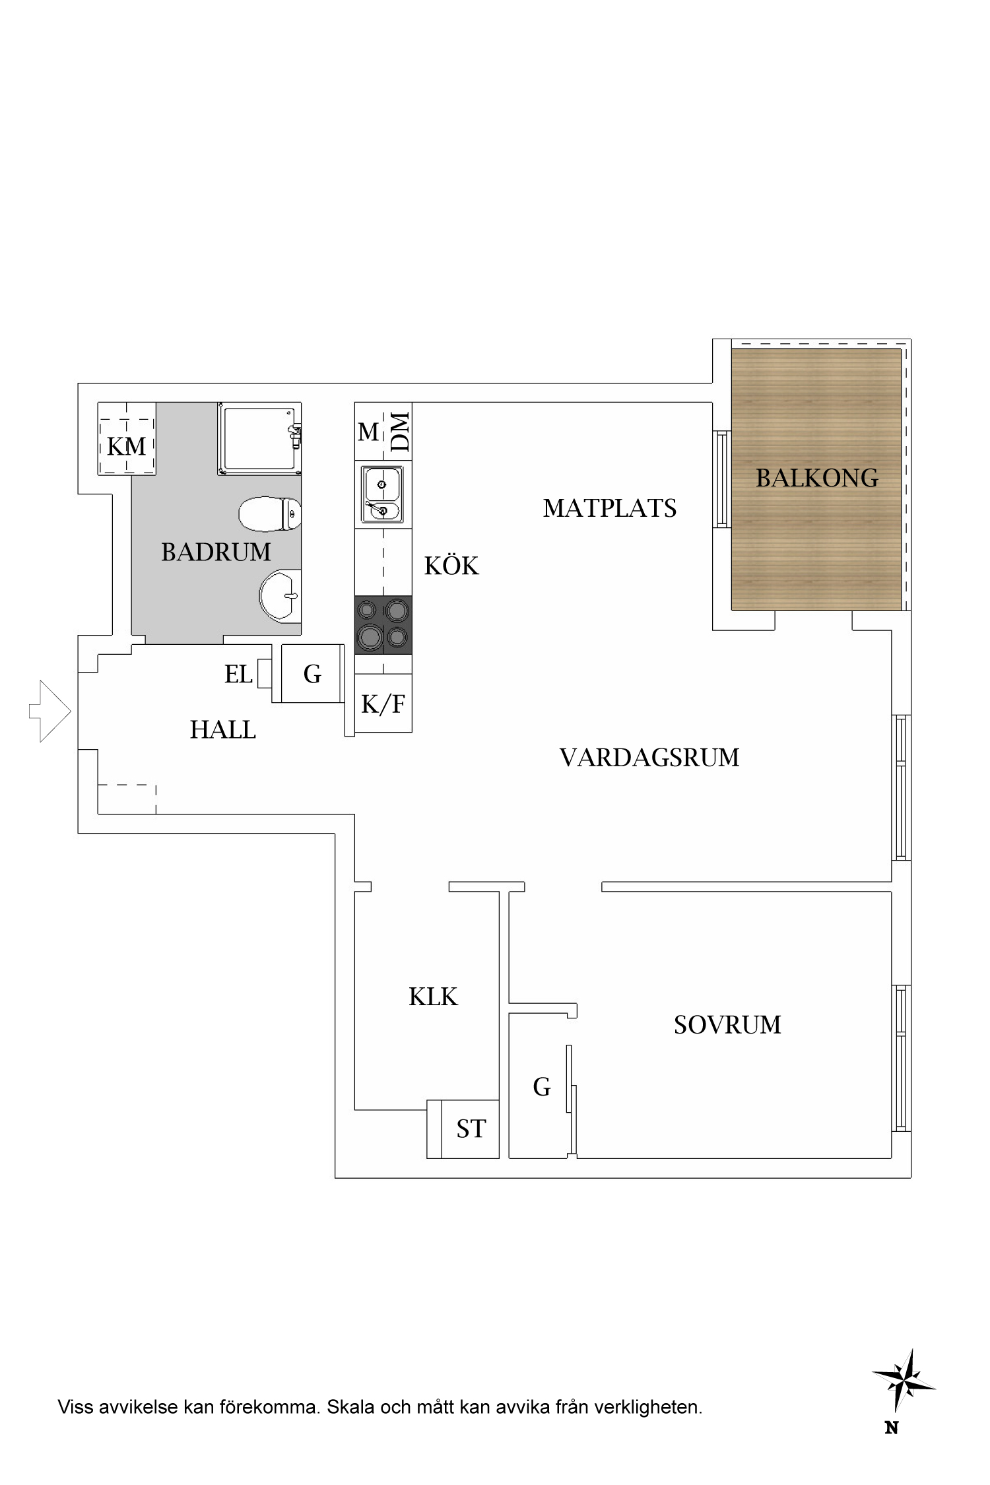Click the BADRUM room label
point(216,552)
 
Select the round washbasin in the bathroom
point(280,595)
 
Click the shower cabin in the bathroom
point(259,439)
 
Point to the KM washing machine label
point(126,447)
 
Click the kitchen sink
point(382,494)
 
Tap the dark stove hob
point(383,624)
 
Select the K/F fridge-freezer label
point(383,704)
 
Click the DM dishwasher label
point(400,431)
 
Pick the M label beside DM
point(368,432)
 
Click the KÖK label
point(451,566)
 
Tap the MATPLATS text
point(609,508)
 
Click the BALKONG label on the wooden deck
point(817,478)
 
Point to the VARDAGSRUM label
point(649,758)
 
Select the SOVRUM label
point(727,1025)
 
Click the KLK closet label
point(433,997)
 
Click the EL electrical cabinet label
point(238,675)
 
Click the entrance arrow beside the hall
point(50,711)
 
